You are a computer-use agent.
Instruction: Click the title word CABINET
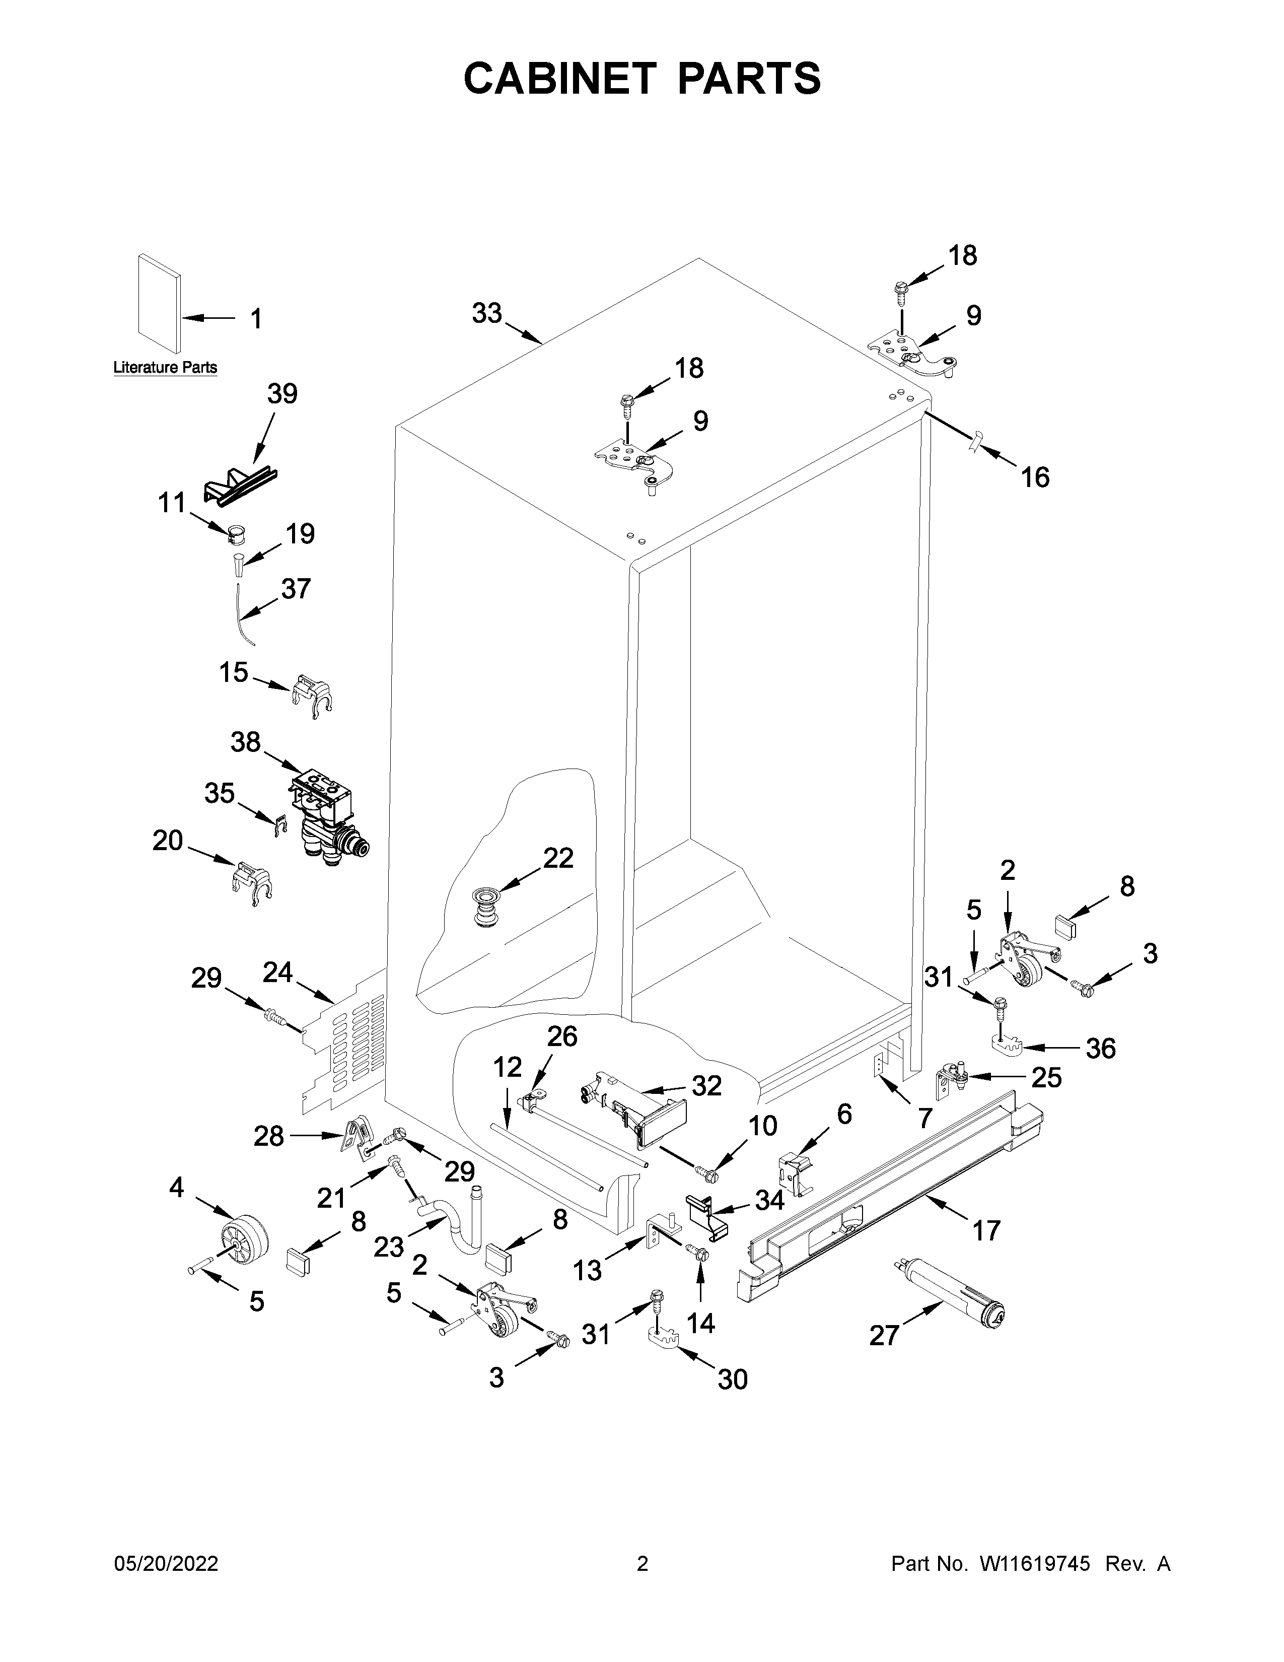tap(559, 79)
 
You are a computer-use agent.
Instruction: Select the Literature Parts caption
tap(165, 368)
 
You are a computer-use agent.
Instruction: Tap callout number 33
tap(487, 313)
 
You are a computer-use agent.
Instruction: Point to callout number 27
tap(884, 1335)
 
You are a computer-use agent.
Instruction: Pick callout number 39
tap(282, 393)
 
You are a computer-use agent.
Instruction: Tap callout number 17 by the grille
tap(986, 1230)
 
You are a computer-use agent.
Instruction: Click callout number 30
tap(733, 1379)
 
